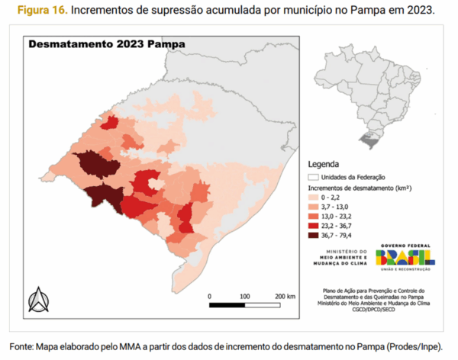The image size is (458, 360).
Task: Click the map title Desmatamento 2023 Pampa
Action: pyautogui.click(x=106, y=44)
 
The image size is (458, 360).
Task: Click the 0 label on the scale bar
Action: pyautogui.click(x=209, y=295)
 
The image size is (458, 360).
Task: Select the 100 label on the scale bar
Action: pyautogui.click(x=244, y=295)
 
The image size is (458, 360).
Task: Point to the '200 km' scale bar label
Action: pyautogui.click(x=285, y=295)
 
